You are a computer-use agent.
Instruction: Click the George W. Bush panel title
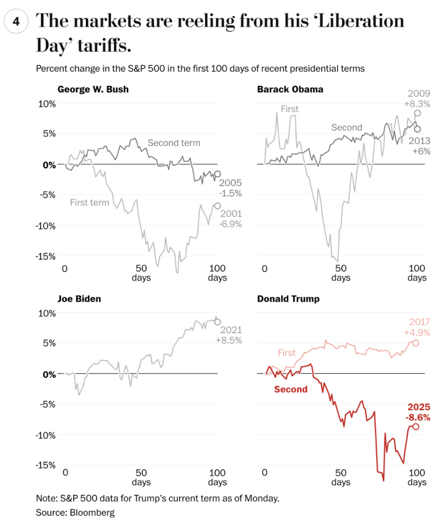click(93, 89)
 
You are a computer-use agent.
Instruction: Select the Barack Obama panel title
click(290, 89)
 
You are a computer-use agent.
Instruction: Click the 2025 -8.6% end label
click(418, 413)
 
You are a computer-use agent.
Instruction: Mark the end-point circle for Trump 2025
click(416, 426)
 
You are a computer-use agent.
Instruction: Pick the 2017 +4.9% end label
click(419, 327)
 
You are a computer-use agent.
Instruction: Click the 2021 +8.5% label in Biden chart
click(231, 335)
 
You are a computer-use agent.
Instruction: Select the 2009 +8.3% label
click(418, 99)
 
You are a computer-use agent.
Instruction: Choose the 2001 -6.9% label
click(230, 219)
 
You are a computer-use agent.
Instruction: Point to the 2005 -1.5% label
click(230, 188)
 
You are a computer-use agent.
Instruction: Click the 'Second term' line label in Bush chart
click(174, 143)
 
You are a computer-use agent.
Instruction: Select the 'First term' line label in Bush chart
click(90, 202)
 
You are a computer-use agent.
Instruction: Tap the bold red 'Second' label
click(291, 390)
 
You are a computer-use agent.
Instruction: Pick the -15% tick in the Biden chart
click(45, 465)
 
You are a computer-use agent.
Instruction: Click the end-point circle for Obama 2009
click(417, 113)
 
